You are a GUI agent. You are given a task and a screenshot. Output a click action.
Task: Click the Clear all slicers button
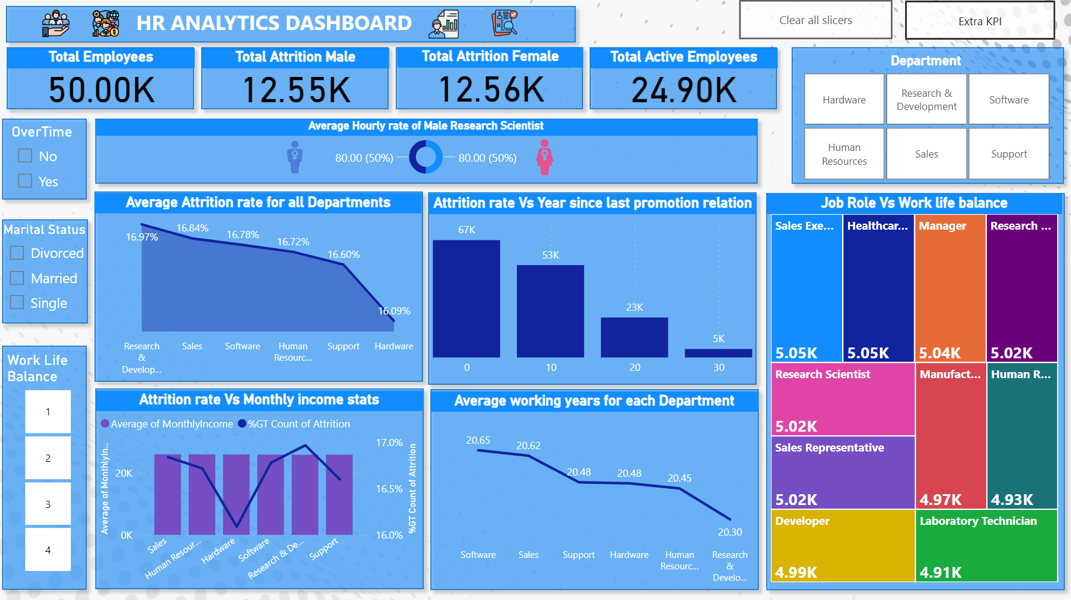coord(815,20)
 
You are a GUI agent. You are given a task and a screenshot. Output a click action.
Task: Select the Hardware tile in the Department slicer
coord(844,100)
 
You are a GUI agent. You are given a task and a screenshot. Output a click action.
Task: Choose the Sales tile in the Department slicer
coord(926,154)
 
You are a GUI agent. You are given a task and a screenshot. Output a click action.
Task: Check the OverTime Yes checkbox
coord(25,181)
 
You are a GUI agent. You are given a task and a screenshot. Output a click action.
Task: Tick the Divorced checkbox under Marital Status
coord(17,253)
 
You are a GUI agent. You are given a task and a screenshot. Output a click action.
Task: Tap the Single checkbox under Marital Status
coord(17,302)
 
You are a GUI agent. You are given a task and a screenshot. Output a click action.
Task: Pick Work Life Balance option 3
coord(48,504)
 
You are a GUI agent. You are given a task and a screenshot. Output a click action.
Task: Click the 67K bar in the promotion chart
coord(466,298)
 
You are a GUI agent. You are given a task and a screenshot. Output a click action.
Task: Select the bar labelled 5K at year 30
coord(718,353)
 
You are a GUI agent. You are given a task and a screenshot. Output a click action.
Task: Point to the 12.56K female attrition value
coord(491,90)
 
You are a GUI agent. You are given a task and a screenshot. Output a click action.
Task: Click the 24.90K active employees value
coord(683,90)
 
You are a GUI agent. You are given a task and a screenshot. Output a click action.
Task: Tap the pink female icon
coord(545,158)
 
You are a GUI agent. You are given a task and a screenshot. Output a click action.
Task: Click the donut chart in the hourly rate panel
coord(426,157)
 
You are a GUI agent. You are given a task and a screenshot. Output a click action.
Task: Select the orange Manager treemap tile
coord(950,287)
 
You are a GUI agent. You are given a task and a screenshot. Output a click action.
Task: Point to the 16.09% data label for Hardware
coord(394,311)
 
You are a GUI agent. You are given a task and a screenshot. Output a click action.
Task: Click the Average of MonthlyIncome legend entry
coord(167,424)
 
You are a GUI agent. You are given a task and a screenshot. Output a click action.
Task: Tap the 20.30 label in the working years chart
coord(730,532)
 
